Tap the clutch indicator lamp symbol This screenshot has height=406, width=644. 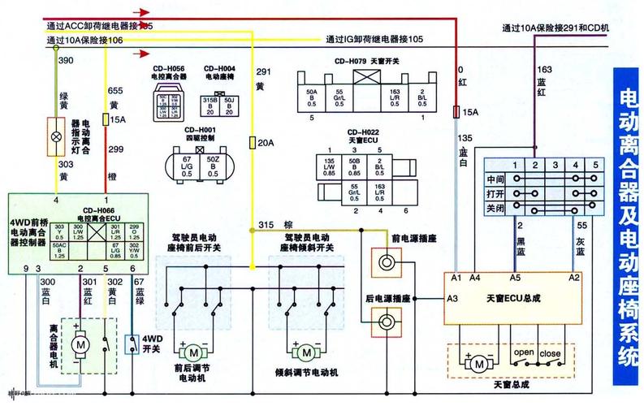coord(56,136)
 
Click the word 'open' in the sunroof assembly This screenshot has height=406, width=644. coord(523,353)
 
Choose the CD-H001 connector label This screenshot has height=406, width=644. coord(200,131)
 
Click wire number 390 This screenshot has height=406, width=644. coord(66,62)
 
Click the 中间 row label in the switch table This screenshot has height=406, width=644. coord(495,179)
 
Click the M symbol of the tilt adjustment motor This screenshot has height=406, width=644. coord(305,353)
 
